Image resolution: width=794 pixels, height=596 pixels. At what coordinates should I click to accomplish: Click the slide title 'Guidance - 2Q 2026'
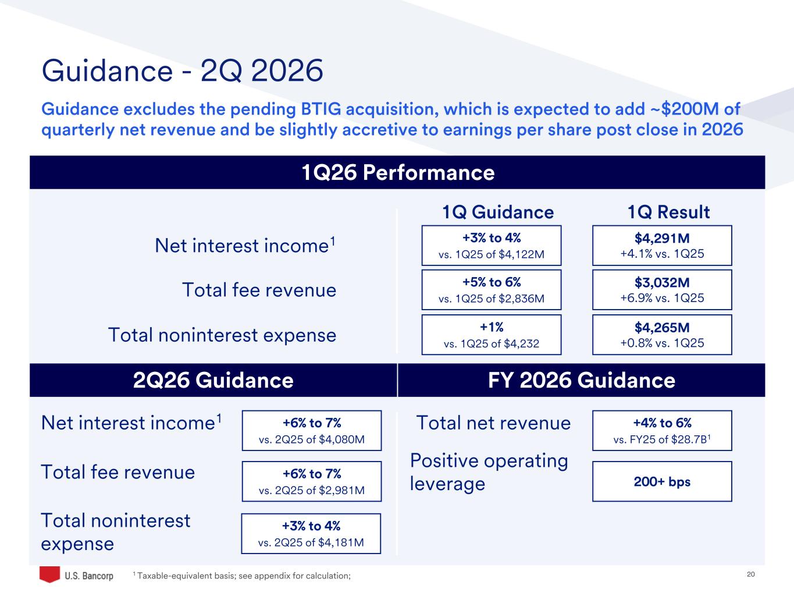click(182, 70)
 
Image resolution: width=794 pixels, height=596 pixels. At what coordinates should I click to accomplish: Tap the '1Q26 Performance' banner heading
click(398, 172)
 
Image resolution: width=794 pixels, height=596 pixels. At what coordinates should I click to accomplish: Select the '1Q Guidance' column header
click(498, 212)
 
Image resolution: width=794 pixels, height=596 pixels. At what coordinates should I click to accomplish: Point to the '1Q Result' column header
click(668, 212)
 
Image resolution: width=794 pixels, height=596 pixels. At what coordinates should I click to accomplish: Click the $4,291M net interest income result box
click(662, 246)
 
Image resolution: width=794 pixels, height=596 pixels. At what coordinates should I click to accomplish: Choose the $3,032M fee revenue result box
click(662, 290)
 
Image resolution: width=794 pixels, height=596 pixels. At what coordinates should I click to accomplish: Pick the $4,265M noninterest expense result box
click(662, 335)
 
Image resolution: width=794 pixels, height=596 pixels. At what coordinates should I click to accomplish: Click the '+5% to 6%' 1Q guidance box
click(491, 290)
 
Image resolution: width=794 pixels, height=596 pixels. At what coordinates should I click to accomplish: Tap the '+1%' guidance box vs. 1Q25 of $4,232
click(491, 335)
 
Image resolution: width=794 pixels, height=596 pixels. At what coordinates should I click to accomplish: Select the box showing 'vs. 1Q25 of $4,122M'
click(491, 246)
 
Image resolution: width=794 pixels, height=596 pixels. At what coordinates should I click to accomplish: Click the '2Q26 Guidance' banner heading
click(213, 380)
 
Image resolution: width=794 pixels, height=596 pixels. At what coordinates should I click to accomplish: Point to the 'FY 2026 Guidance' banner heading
click(581, 380)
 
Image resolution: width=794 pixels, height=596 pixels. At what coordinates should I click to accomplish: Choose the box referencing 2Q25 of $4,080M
click(311, 431)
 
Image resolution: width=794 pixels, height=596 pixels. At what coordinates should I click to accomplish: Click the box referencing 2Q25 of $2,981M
click(311, 481)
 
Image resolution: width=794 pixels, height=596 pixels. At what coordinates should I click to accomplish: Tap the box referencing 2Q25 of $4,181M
click(311, 533)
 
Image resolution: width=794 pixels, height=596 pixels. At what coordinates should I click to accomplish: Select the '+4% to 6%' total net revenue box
click(662, 431)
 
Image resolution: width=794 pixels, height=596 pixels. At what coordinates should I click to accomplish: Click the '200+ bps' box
click(662, 481)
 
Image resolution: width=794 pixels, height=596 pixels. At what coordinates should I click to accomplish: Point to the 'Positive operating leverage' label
click(489, 472)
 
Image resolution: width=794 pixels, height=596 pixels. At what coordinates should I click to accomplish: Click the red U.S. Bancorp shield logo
click(49, 574)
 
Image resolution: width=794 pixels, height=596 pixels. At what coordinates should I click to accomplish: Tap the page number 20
click(750, 574)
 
